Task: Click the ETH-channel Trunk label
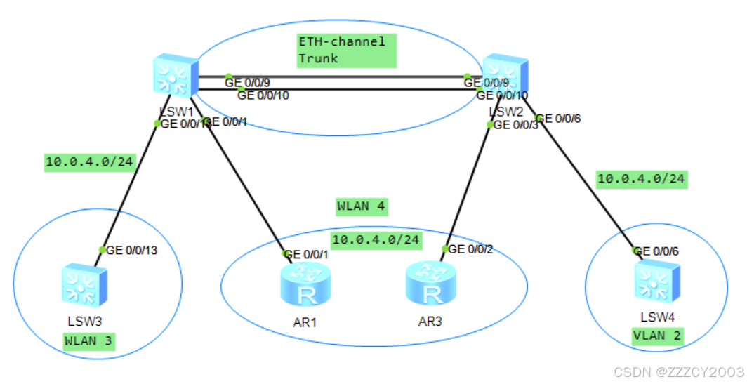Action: (x=342, y=51)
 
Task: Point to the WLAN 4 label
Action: (x=362, y=206)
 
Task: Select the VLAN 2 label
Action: (x=658, y=336)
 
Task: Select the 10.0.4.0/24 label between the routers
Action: (x=376, y=239)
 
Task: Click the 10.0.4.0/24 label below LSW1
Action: (x=89, y=162)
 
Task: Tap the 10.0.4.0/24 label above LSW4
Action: (x=640, y=179)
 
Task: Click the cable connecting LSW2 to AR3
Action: (x=468, y=186)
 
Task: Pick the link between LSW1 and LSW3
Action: (x=130, y=186)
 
